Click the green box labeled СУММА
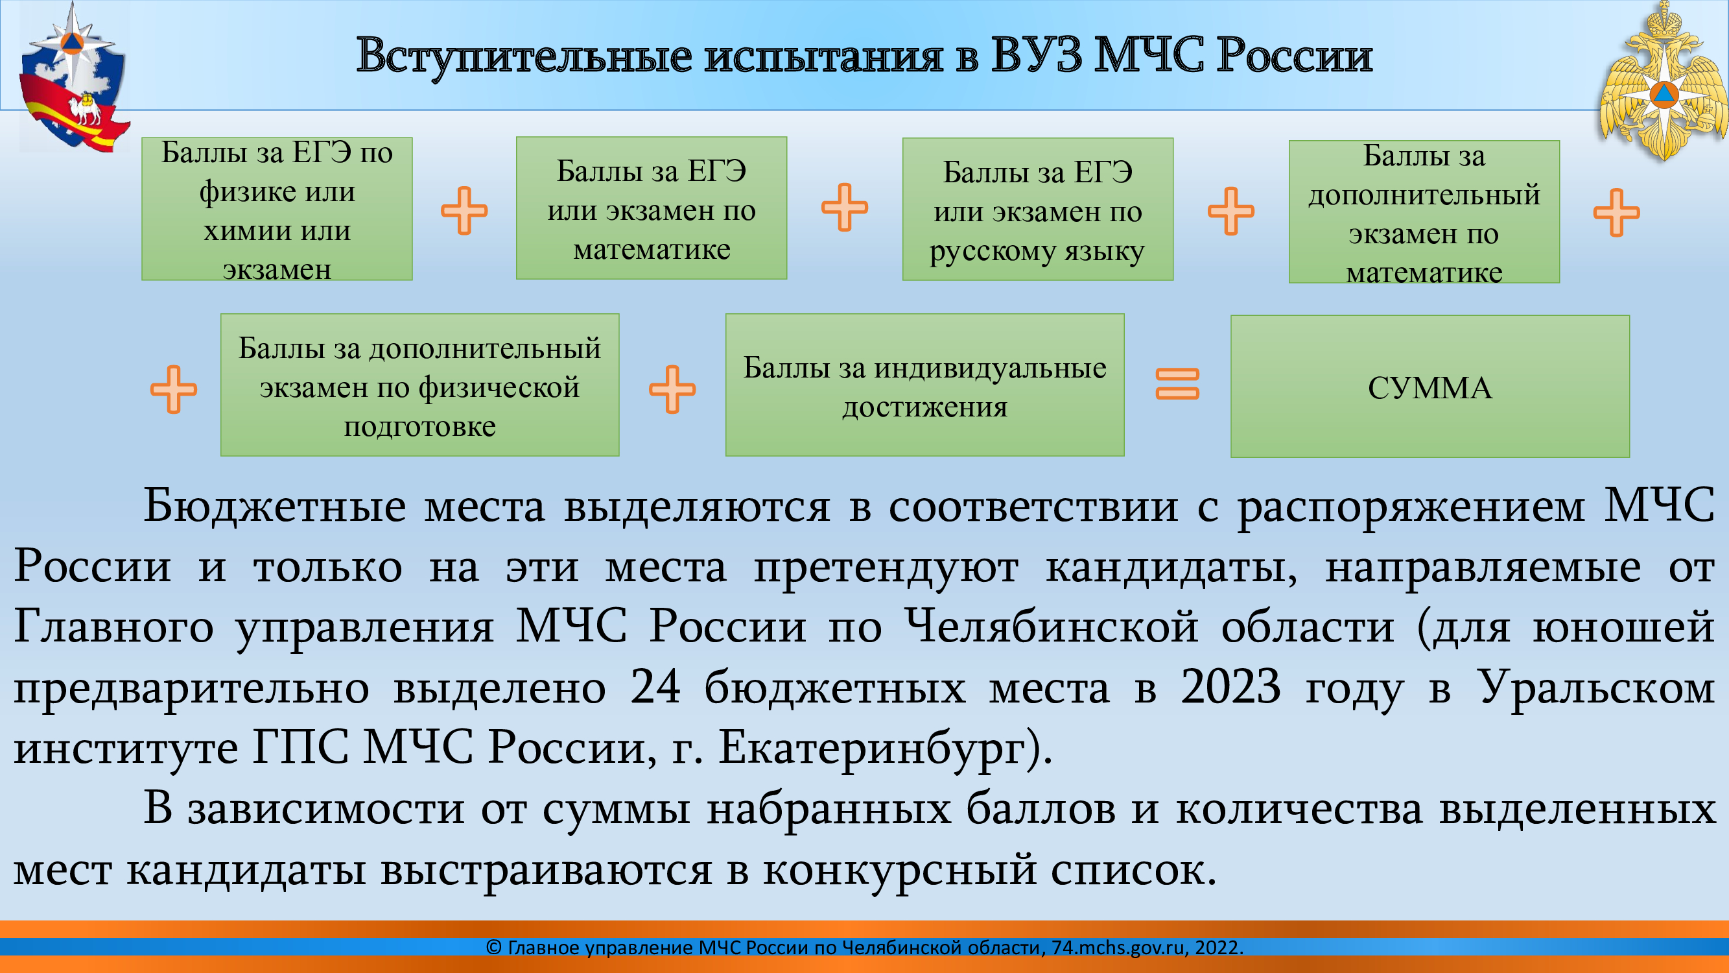coord(1429,386)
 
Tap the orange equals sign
coord(1177,383)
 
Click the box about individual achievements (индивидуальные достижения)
coord(924,385)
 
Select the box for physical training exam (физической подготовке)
coord(419,385)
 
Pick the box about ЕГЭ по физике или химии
coord(277,209)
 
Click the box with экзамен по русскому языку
coord(1038,210)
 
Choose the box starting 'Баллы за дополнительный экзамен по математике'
coord(1424,212)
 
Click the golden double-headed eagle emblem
coord(1663,82)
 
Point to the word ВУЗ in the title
coord(1036,55)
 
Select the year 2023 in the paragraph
coord(1231,687)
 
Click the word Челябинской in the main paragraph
coord(1051,627)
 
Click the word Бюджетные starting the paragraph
coord(274,506)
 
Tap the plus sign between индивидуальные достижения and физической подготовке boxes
coord(672,389)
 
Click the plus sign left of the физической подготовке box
coord(173,389)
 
